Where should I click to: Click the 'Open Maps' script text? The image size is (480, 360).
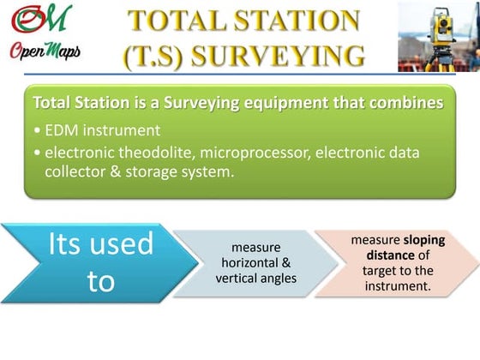45,51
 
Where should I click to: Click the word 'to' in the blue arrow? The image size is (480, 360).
100,281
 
